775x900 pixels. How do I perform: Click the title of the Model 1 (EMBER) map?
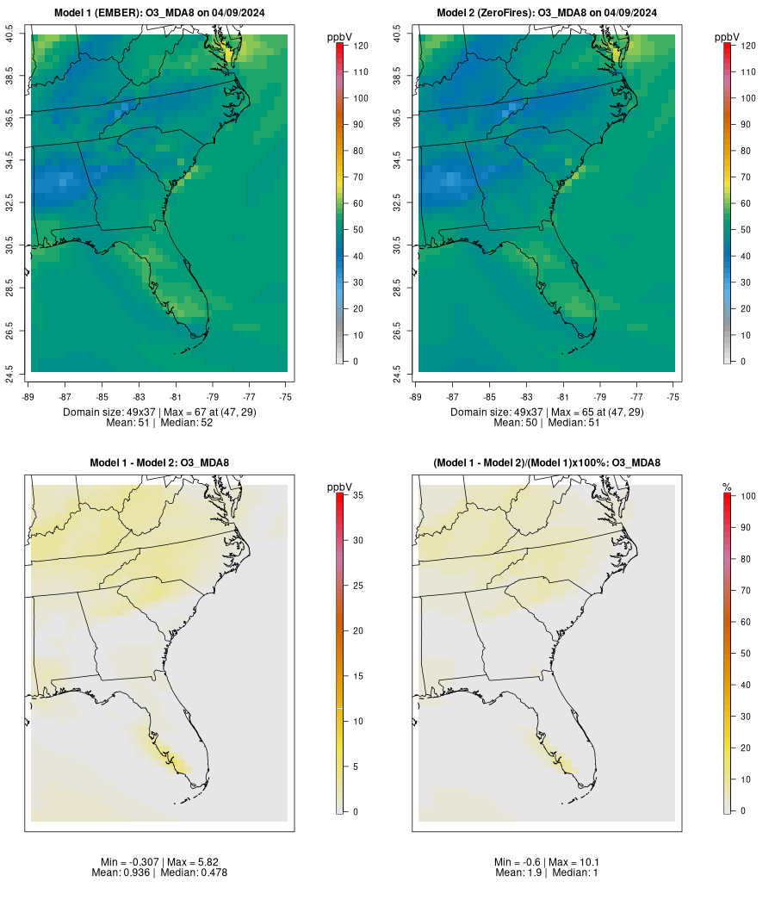pyautogui.click(x=159, y=13)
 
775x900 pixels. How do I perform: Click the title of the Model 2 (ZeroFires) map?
pyautogui.click(x=547, y=13)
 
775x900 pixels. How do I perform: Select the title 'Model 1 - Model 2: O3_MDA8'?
pyautogui.click(x=159, y=463)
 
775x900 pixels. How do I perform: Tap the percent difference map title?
pyautogui.click(x=547, y=463)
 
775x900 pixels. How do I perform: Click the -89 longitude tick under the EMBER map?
pyautogui.click(x=28, y=397)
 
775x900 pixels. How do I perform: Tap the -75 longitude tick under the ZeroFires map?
pyautogui.click(x=673, y=397)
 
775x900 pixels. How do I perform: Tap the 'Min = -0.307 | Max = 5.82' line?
pyautogui.click(x=159, y=862)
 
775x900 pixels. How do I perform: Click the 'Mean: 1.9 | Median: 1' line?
pyautogui.click(x=547, y=872)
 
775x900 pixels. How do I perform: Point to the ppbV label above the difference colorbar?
pyautogui.click(x=340, y=487)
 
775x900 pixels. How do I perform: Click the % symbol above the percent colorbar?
pyautogui.click(x=728, y=487)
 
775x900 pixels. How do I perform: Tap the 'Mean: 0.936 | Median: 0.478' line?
pyautogui.click(x=159, y=872)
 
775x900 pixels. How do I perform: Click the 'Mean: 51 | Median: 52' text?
pyautogui.click(x=159, y=423)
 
